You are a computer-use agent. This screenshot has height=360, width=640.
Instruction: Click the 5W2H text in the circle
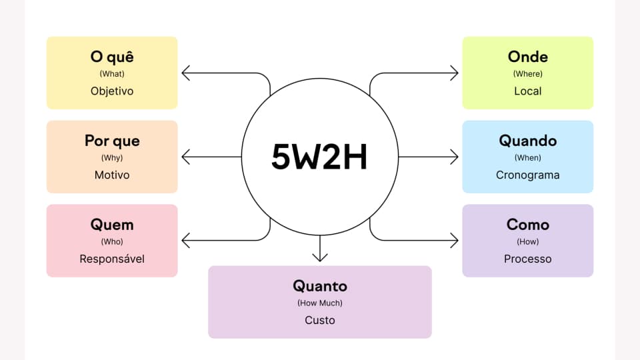(x=319, y=157)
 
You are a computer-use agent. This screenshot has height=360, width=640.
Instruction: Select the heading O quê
(x=112, y=57)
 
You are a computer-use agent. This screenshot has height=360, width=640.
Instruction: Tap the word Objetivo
(x=112, y=91)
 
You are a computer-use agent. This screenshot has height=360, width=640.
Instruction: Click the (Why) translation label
(x=112, y=158)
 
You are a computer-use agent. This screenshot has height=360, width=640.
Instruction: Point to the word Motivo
(x=112, y=175)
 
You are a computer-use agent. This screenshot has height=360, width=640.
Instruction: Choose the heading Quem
(x=112, y=225)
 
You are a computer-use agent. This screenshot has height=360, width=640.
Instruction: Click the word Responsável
(x=112, y=259)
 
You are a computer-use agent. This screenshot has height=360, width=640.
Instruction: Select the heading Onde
(x=527, y=57)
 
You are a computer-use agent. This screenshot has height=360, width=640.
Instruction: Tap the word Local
(x=527, y=91)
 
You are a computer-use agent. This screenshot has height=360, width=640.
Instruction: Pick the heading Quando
(x=527, y=141)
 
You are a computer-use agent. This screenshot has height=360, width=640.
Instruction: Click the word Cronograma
(x=527, y=175)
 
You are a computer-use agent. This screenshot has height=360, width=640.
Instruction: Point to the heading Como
(x=527, y=225)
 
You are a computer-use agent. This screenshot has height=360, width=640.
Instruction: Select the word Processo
(x=527, y=259)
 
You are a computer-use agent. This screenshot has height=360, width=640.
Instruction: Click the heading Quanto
(x=320, y=286)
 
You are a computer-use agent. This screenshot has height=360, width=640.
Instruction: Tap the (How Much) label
(x=320, y=303)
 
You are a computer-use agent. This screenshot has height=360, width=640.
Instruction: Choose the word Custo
(x=320, y=320)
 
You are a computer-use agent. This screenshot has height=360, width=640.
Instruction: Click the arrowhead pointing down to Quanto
(x=320, y=257)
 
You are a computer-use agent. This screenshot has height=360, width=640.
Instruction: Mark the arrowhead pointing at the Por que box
(x=185, y=157)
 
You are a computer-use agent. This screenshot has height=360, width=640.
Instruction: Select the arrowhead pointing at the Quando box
(x=455, y=157)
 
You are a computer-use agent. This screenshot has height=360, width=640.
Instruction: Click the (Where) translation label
(x=527, y=74)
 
